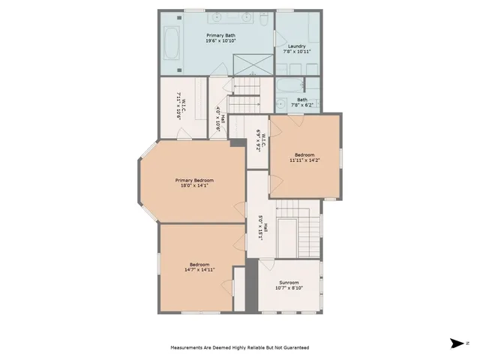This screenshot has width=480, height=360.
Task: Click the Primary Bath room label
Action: point(220,34)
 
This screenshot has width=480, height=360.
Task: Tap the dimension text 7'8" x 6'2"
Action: point(301,103)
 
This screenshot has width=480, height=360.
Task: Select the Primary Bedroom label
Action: point(194,180)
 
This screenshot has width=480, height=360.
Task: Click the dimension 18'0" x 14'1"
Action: point(194,186)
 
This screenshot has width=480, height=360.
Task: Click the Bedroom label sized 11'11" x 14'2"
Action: point(304,154)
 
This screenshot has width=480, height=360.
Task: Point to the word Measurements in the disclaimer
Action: point(188,348)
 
